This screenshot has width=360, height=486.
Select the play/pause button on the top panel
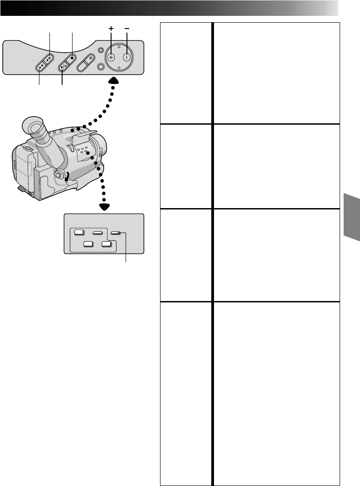click(x=63, y=67)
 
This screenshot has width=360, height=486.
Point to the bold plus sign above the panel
click(x=111, y=28)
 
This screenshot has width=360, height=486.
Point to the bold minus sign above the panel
click(x=127, y=28)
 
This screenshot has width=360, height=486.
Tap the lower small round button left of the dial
click(x=101, y=67)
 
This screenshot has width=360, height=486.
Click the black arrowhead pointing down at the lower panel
click(x=105, y=207)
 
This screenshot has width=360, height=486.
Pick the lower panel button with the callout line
click(x=116, y=233)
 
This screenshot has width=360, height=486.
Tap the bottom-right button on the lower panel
click(x=107, y=244)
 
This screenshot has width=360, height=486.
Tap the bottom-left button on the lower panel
click(x=88, y=244)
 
